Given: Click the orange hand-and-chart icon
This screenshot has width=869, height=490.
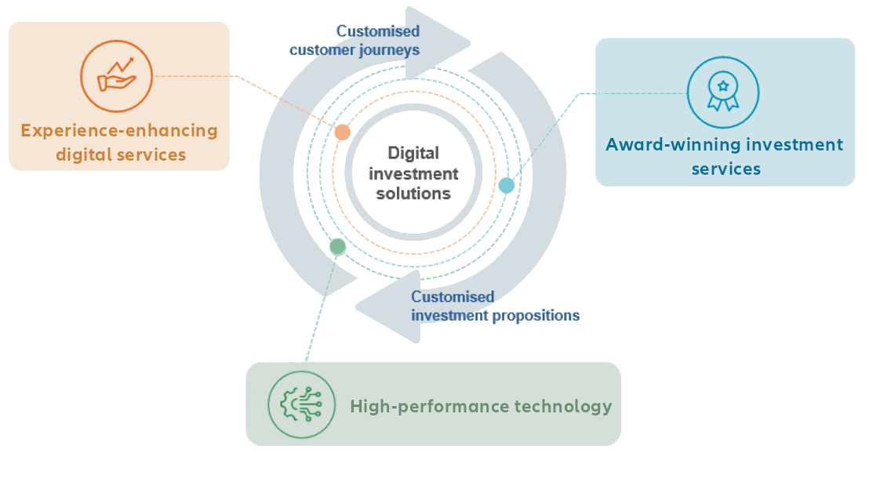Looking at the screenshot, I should coord(116,76).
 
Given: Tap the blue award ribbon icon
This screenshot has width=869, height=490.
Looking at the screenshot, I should coord(722,93).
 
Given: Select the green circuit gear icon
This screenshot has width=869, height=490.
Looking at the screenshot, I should coord(300,404).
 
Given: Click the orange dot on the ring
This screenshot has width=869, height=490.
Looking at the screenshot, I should coord(342,132).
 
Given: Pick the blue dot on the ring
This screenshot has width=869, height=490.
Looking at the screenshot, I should coord(507,185).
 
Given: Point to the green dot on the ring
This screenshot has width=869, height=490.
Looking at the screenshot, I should coord(337,246).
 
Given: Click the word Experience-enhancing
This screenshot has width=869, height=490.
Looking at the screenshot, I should coord(119,130).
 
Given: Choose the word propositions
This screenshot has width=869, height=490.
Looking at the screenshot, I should coord(538,315).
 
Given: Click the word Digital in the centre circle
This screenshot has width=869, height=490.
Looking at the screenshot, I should coord(413,154).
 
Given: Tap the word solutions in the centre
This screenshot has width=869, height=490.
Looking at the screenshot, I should coord(413,193).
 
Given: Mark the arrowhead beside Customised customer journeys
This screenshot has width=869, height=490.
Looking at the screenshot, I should coord(439,35).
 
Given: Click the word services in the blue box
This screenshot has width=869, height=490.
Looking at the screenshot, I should coord(725,169).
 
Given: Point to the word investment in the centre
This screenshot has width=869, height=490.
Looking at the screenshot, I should coord(413,173).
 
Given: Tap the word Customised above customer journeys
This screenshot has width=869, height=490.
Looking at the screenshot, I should coord(378,31).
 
